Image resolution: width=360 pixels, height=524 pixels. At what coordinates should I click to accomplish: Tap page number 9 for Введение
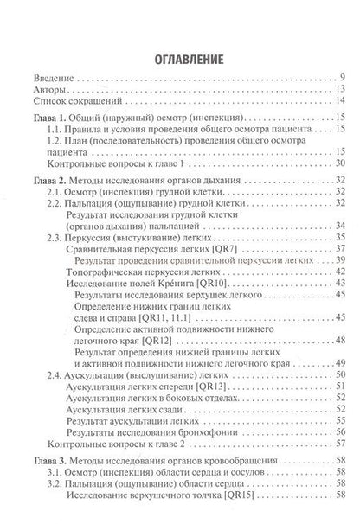pyautogui.click(x=344, y=78)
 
